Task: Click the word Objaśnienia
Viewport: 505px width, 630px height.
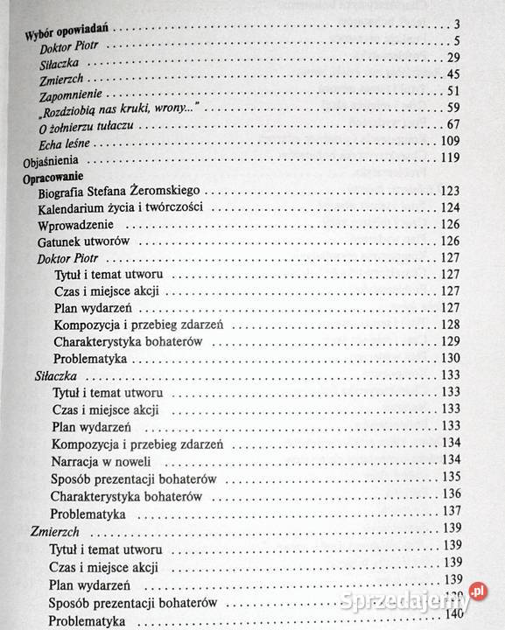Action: click(50, 161)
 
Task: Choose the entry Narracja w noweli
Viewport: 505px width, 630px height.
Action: click(102, 460)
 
